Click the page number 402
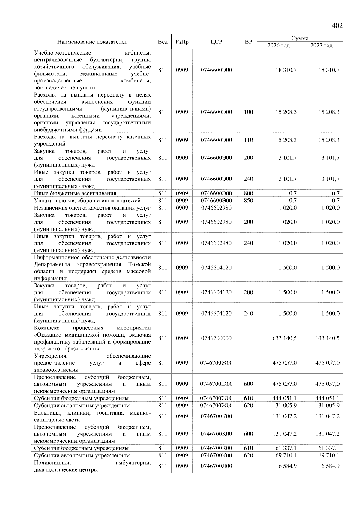point(337,26)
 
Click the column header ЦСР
point(216,42)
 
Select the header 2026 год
point(278,46)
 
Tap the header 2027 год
point(321,46)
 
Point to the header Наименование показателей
point(92,42)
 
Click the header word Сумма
point(300,38)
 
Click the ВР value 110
point(248,140)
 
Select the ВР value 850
point(248,201)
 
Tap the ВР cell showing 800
point(248,193)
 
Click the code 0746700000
point(216,338)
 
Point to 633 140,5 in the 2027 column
point(327,338)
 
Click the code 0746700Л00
point(216,466)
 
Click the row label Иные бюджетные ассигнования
point(75,193)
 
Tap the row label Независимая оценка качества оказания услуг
point(92,208)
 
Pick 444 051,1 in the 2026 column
point(284,398)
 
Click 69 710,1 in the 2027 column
point(329,455)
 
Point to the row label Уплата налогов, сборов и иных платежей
point(87,201)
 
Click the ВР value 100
point(248,112)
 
